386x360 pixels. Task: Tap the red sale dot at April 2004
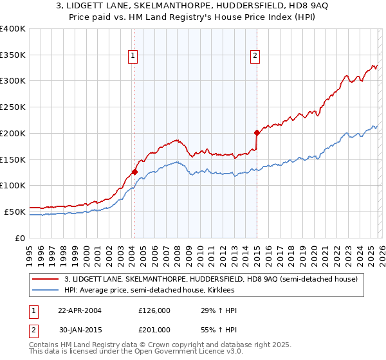pyautogui.click(x=134, y=172)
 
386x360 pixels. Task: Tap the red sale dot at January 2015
pyautogui.click(x=257, y=132)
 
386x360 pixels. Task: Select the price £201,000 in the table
pyautogui.click(x=154, y=330)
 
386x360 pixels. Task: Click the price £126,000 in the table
pyautogui.click(x=154, y=310)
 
